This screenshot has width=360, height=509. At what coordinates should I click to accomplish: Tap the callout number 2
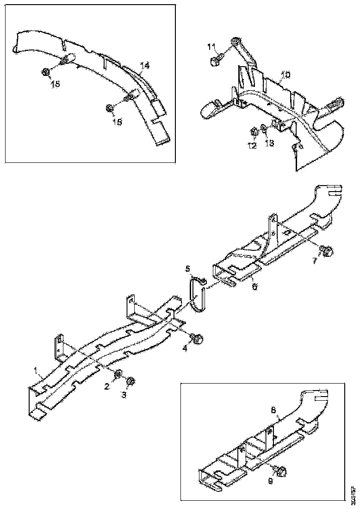(x=107, y=386)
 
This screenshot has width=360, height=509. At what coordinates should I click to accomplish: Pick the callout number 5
(x=188, y=268)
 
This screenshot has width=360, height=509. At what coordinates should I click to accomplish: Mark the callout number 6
(x=254, y=286)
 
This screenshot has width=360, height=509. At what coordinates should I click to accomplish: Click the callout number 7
(x=314, y=261)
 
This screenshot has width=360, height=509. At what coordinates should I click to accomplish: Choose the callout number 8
(x=273, y=410)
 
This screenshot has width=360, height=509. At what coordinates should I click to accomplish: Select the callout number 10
(x=286, y=74)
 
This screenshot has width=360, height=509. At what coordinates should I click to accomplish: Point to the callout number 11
(x=211, y=46)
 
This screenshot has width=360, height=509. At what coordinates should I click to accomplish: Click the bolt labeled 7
(x=326, y=252)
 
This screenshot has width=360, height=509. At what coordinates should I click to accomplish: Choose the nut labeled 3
(x=130, y=381)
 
